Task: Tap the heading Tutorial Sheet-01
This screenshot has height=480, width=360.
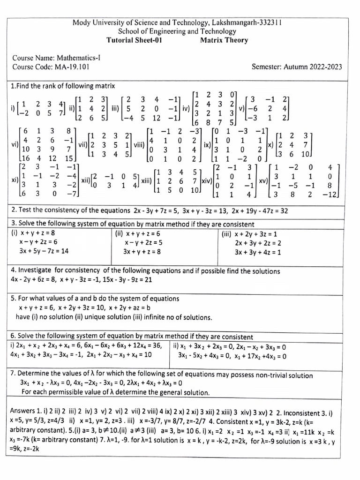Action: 135,40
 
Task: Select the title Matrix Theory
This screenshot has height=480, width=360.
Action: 224,40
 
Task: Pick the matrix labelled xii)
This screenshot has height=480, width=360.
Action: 115,181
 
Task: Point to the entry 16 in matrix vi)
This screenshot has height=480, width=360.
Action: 26,158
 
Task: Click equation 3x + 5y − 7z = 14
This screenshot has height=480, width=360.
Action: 44,251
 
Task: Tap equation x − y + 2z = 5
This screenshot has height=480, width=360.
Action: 143,242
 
